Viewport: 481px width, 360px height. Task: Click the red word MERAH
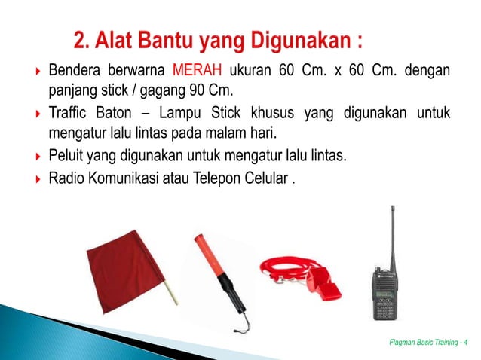196,72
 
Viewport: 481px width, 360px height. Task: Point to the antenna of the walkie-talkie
391,233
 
